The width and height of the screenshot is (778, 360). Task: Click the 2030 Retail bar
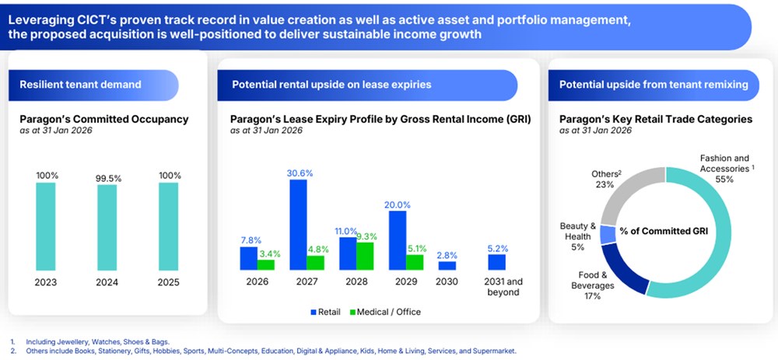pos(447,265)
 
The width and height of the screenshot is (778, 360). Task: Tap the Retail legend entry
pos(327,312)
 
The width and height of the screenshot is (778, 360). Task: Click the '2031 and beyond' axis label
pos(497,287)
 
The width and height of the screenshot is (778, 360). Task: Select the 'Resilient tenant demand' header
pos(70,85)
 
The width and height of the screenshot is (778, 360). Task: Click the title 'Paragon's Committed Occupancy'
pos(103,120)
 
